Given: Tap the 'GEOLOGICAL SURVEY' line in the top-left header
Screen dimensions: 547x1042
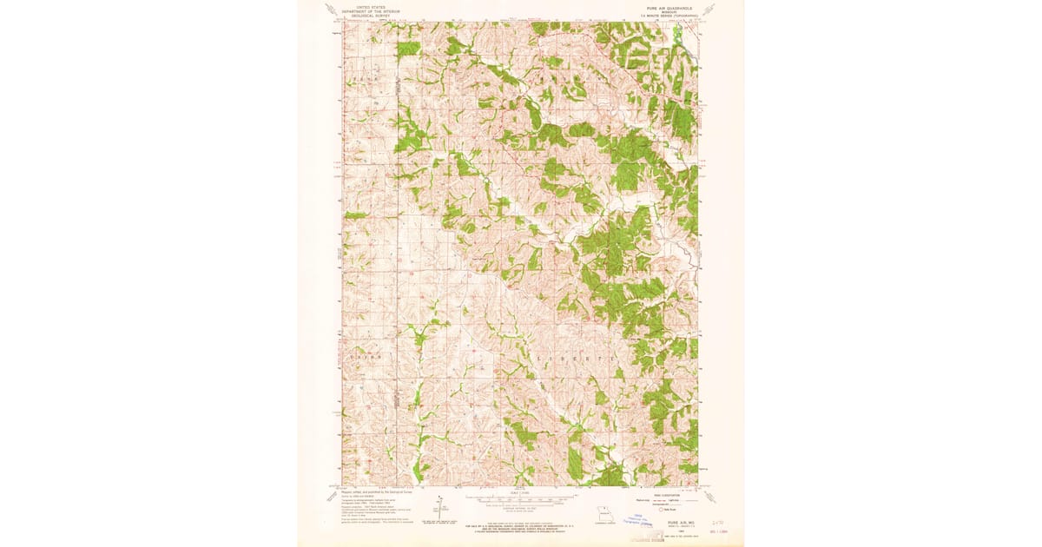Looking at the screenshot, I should [370, 16].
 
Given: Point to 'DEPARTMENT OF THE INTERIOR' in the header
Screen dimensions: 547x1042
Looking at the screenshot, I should [370, 11].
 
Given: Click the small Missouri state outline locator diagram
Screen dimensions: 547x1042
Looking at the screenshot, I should [603, 514].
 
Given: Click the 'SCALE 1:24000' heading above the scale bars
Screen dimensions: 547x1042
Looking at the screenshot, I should [520, 492].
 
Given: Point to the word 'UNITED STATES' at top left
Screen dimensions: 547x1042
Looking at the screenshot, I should [370, 7].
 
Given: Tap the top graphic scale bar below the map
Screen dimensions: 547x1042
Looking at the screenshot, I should [520, 499].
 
